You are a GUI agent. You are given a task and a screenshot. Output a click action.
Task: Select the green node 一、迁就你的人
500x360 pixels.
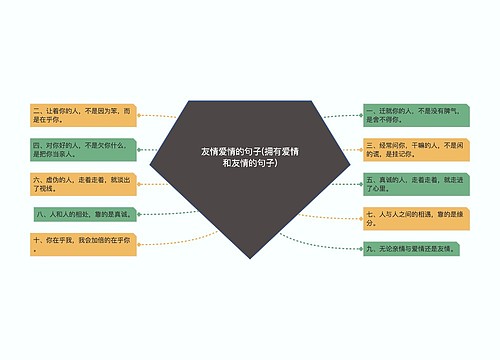(415, 114)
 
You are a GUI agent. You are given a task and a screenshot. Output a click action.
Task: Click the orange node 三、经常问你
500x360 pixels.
(415, 149)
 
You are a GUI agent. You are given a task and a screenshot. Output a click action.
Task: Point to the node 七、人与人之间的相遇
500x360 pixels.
(415, 218)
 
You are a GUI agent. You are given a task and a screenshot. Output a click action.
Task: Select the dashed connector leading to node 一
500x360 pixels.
(340, 116)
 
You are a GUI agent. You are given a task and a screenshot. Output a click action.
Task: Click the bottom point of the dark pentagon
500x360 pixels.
(249, 258)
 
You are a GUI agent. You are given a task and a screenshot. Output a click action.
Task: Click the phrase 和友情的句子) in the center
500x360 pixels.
(250, 162)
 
